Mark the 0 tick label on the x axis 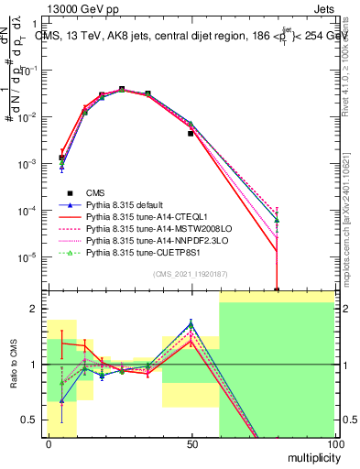49,444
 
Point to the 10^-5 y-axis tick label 27,257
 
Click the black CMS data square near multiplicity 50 191,134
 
